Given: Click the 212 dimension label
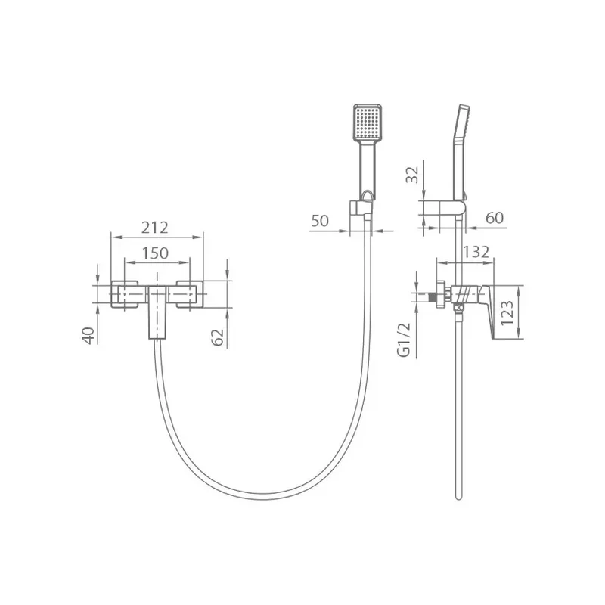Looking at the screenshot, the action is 154,228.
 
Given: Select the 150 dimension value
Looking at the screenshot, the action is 155,253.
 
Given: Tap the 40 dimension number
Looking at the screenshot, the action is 88,335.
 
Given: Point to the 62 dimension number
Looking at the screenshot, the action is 218,337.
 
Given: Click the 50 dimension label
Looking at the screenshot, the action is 320,221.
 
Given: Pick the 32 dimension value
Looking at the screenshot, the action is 412,175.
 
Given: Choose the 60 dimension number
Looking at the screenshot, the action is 495,218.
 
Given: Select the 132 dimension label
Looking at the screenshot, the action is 476,252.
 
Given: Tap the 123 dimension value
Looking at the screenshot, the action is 507,312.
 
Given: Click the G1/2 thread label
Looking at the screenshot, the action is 404,340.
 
